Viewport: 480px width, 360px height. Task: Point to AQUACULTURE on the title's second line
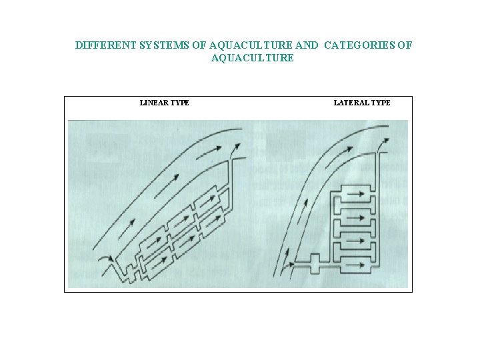tap(252, 58)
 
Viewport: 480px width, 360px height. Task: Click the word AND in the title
tap(306, 46)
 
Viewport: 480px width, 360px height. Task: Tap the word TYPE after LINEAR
tap(179, 103)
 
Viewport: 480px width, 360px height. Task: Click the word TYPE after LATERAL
tap(381, 103)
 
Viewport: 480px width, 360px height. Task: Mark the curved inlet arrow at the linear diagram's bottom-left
tap(107, 258)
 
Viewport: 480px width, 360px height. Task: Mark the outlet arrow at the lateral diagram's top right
tap(385, 141)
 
